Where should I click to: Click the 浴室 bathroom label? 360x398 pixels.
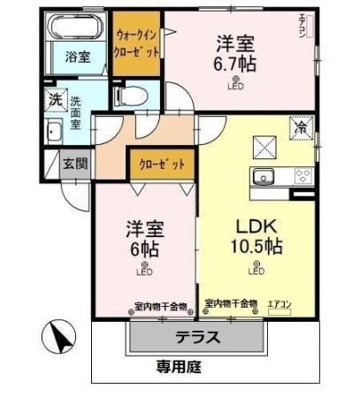pyautogui.click(x=77, y=57)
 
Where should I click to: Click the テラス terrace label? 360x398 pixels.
pyautogui.click(x=196, y=338)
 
